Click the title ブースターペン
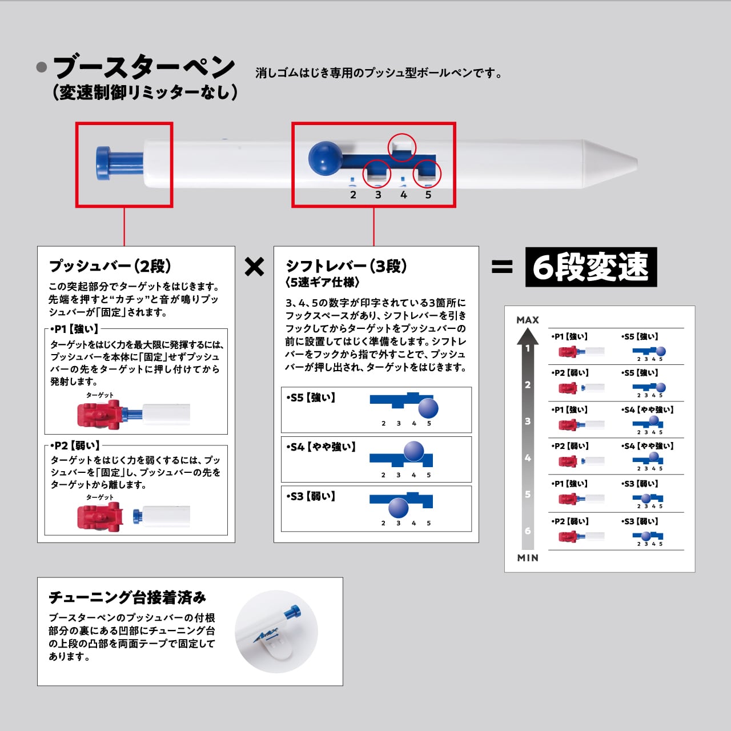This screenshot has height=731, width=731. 143,67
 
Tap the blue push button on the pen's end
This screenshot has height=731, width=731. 105,162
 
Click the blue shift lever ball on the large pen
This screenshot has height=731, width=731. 324,158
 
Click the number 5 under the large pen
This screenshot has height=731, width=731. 428,195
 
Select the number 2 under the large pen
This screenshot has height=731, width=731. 353,195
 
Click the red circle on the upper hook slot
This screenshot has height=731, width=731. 402,147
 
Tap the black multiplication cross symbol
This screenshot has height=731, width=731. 254,267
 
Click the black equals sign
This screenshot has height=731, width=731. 502,267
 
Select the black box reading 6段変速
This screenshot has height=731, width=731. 591,267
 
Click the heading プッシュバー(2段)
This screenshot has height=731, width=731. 110,266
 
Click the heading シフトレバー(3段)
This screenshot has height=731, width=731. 346,266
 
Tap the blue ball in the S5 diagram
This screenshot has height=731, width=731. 428,408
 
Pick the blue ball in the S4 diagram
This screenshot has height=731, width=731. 413,451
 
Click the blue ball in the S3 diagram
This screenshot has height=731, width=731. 398,508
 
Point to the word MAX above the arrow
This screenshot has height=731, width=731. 528,320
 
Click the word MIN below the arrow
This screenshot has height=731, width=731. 528,558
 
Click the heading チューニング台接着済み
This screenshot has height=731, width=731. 127,597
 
